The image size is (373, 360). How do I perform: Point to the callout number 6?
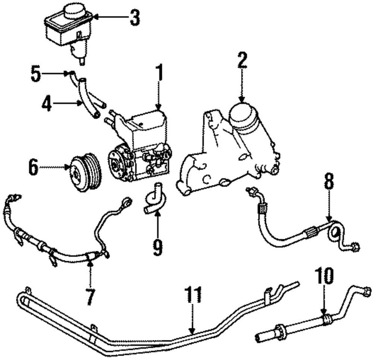(x=33, y=168)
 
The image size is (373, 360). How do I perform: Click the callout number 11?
(x=192, y=295)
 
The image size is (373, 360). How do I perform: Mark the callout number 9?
(x=157, y=247)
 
